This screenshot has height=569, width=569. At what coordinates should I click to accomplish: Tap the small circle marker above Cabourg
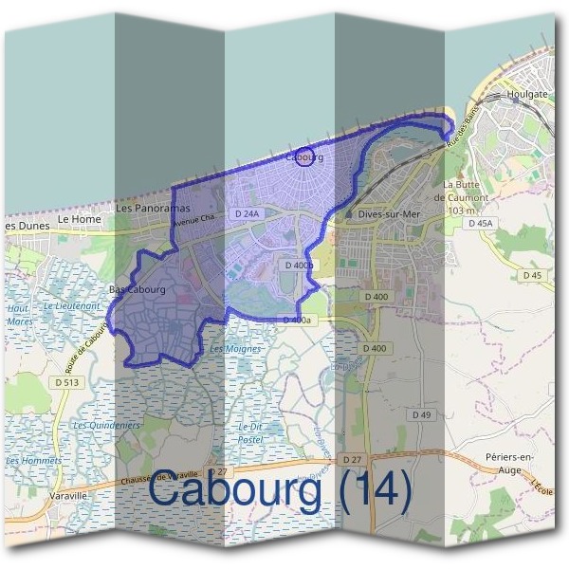point(303,157)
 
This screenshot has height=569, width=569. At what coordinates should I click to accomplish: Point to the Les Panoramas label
point(153,208)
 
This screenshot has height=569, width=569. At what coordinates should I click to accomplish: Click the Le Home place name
point(79,219)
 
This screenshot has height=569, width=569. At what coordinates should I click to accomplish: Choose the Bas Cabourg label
point(138,289)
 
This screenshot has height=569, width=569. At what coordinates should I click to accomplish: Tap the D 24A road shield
point(246,214)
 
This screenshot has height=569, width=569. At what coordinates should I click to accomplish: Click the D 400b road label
point(299,266)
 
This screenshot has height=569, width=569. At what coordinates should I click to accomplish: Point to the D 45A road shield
point(482,223)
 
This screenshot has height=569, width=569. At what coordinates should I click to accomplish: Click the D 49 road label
point(421,415)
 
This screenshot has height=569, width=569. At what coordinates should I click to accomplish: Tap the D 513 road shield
point(67,382)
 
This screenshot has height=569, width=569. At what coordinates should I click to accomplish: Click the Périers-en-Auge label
point(514,462)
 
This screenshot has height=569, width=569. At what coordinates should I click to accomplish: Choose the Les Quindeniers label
point(105,425)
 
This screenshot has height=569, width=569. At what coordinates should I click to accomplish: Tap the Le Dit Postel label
point(250,433)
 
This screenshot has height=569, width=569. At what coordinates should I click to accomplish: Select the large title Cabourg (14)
point(281,490)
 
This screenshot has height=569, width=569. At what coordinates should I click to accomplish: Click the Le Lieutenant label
point(72,306)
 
